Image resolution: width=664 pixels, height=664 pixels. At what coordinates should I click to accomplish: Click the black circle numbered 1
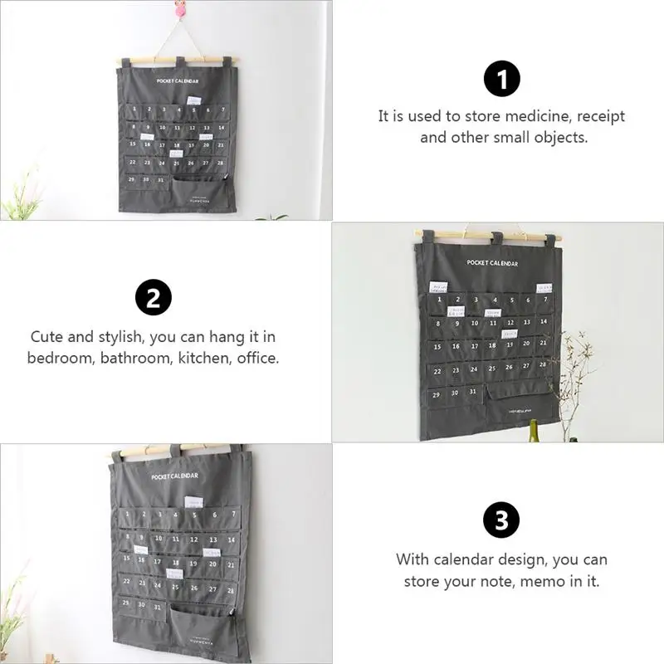[x=501, y=81]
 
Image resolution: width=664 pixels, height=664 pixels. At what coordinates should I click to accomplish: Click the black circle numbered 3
[x=501, y=521]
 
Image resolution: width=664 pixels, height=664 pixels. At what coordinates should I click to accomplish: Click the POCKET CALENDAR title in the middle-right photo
[x=491, y=263]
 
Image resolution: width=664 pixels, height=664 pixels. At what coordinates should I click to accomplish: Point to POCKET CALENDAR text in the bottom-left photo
[x=174, y=476]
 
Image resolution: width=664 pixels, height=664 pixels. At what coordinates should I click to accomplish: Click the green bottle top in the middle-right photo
[x=534, y=427]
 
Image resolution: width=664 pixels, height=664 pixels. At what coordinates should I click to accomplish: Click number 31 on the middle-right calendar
[x=471, y=392]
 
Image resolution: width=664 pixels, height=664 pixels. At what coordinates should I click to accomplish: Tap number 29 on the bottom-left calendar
[x=126, y=602]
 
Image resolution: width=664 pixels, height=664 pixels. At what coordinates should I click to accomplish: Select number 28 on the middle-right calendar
[x=541, y=364]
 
